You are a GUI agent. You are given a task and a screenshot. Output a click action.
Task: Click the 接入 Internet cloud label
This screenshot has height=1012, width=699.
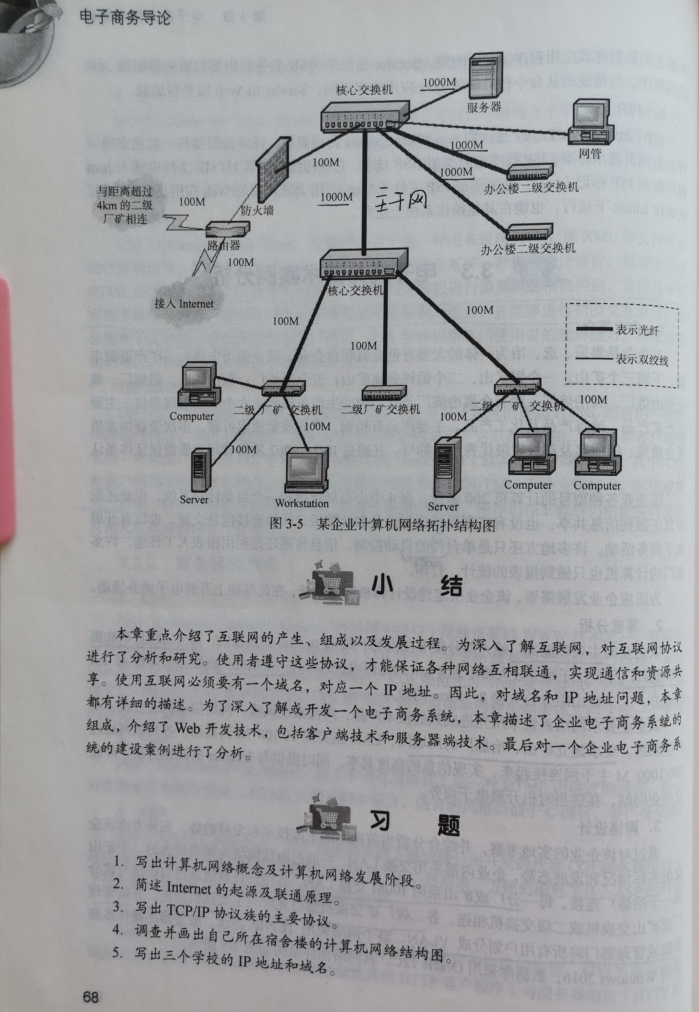click(184, 304)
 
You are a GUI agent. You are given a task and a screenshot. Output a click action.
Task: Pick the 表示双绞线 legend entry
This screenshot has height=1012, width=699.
click(642, 360)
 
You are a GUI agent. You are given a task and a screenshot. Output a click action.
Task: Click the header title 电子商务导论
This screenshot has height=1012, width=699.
click(125, 17)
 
